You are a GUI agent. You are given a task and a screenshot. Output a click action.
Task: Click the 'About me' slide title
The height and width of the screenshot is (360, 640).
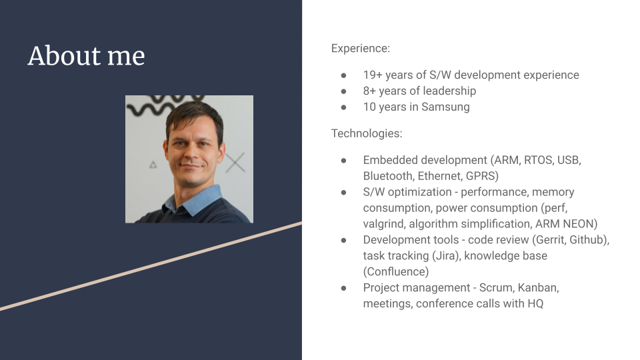[x=86, y=56]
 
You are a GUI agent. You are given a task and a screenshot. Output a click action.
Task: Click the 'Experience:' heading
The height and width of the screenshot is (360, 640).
[x=361, y=49]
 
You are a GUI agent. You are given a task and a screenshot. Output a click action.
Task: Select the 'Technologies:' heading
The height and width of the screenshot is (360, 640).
[x=367, y=133]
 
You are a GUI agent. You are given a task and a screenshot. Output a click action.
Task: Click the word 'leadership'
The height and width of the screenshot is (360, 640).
[x=447, y=91]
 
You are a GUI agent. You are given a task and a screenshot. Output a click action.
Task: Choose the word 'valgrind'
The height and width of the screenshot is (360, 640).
[x=385, y=224]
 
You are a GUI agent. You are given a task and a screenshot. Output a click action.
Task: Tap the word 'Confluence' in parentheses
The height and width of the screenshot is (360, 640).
[x=395, y=272]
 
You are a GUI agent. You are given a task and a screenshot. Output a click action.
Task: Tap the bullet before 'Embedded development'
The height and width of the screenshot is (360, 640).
[x=343, y=161]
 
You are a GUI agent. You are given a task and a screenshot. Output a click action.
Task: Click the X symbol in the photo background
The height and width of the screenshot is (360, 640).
[x=235, y=162]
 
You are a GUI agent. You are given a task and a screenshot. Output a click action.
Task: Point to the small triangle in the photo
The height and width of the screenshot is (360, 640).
[x=153, y=164]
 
